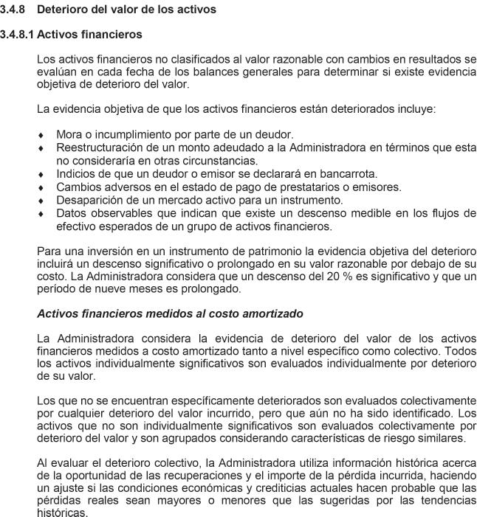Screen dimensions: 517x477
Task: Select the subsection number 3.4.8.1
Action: [17, 35]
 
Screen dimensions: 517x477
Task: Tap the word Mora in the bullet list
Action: [69, 134]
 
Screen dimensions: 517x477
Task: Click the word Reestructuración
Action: [98, 148]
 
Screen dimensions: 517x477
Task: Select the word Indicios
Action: [77, 174]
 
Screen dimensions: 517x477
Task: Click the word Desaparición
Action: [89, 200]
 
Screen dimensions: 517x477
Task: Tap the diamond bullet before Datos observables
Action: [41, 214]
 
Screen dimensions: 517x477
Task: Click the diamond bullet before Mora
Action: [41, 135]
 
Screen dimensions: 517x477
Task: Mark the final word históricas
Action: [61, 513]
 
